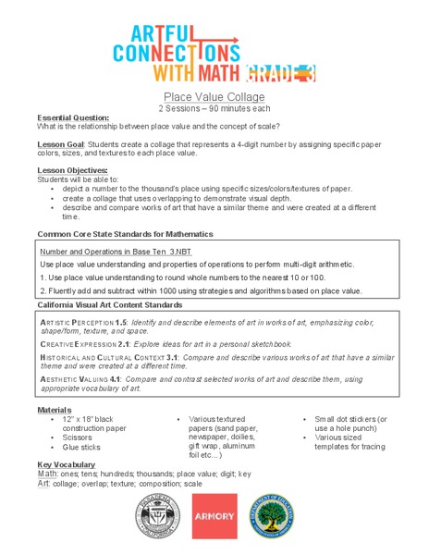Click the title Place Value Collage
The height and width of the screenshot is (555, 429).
pyautogui.click(x=214, y=97)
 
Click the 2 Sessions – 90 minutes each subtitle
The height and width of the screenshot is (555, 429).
pyautogui.click(x=214, y=108)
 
